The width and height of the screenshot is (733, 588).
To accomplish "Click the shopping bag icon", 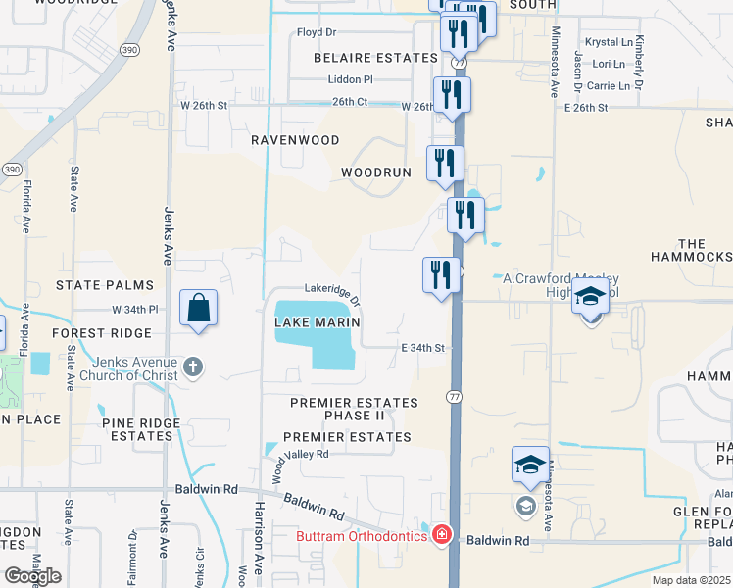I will point(198,308).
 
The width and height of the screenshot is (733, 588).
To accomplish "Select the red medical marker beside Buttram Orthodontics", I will point(441,534).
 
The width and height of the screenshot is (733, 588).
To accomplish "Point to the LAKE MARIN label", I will point(318,322).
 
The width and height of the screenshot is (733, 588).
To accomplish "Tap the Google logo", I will point(32,576).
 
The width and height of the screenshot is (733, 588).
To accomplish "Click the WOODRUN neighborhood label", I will point(375,172).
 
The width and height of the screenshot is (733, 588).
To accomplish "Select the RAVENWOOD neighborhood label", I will point(295,140).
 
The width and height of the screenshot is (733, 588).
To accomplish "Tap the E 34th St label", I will point(423,348).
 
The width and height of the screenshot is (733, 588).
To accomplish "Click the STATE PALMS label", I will point(105,285).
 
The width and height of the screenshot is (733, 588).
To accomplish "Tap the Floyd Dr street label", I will point(317,32).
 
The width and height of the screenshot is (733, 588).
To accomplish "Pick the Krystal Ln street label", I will point(609,43).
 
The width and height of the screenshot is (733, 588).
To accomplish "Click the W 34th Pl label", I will point(135,309).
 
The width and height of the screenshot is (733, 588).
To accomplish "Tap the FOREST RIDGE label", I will point(93,333).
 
